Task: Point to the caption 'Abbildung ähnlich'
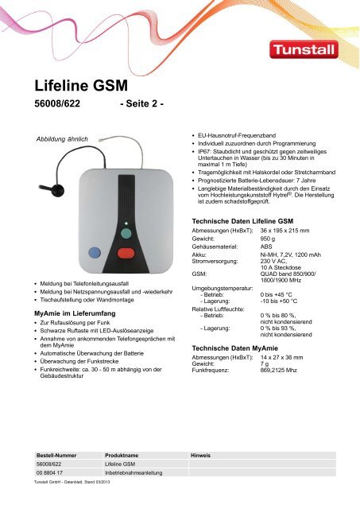pos(67,138)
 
